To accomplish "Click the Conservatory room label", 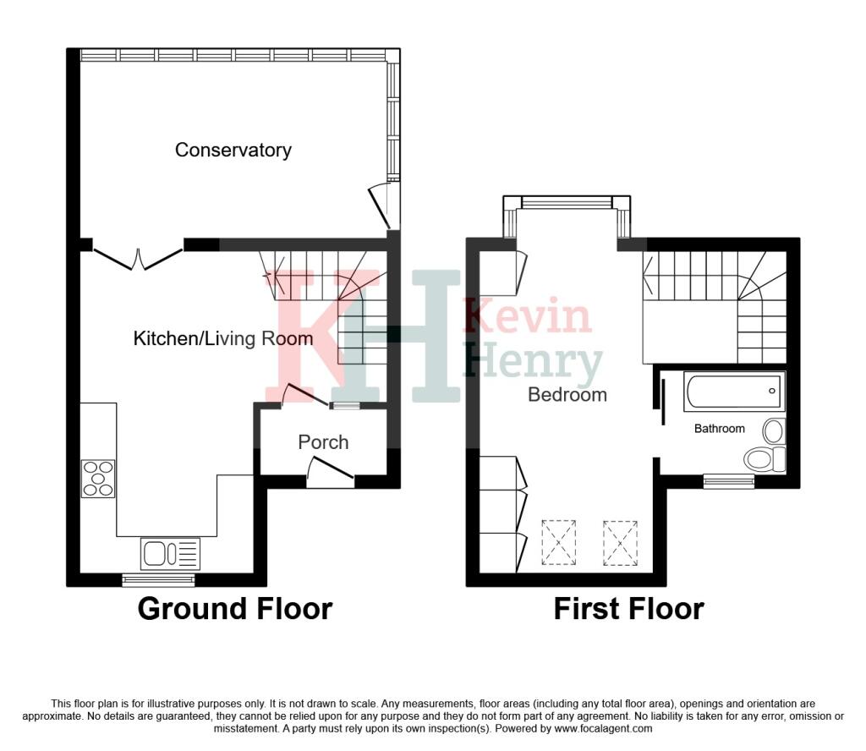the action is tap(233, 151).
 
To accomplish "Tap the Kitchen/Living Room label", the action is tap(223, 338).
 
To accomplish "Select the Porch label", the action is tap(323, 442).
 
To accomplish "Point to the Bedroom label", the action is tap(567, 394).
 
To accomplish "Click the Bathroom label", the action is tap(719, 429).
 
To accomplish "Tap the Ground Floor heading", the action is tap(235, 609).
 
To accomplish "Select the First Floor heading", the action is tap(628, 609).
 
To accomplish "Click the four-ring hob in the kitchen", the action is tap(98, 478).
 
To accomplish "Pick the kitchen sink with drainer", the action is tap(170, 553).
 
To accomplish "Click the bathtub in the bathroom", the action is tap(735, 392).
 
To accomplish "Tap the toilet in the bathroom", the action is tap(765, 459).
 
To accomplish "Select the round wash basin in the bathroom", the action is tap(775, 431).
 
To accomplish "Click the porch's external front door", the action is tap(330, 472).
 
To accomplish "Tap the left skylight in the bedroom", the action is tap(559, 543).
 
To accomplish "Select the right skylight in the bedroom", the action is tap(620, 543).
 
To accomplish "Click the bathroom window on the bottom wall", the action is tap(729, 481).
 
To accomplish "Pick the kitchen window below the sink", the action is tap(158, 580).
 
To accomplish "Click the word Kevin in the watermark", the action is tap(528, 315).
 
